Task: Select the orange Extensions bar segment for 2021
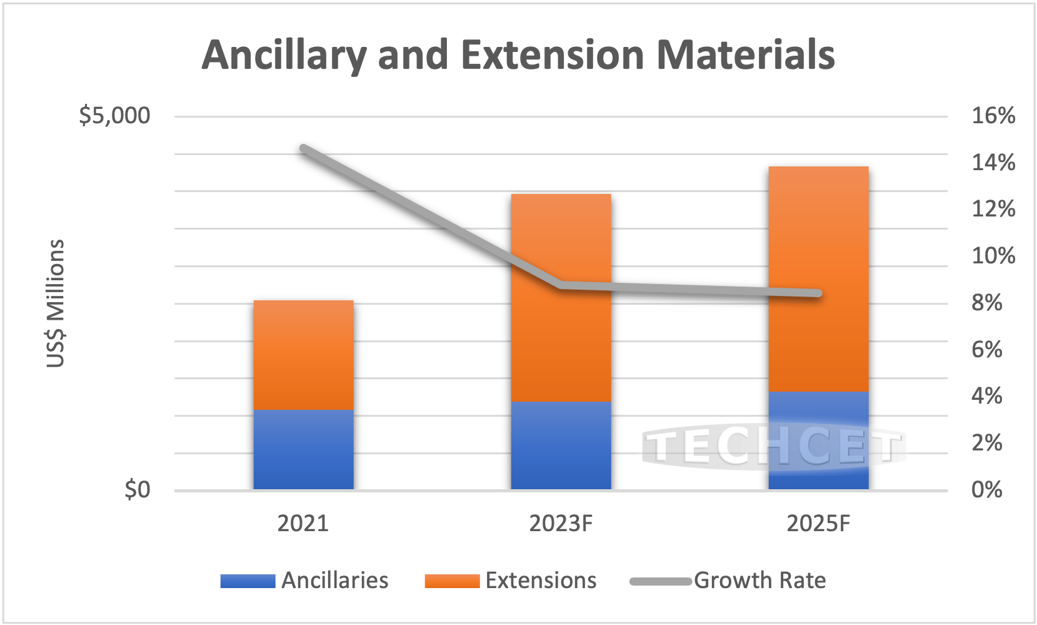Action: pyautogui.click(x=303, y=355)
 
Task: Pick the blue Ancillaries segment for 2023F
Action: pyautogui.click(x=561, y=445)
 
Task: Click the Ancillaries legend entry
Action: pyautogui.click(x=304, y=581)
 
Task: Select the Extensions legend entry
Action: pyautogui.click(x=511, y=581)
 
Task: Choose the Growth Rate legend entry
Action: pyautogui.click(x=728, y=581)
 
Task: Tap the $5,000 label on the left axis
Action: pyautogui.click(x=114, y=116)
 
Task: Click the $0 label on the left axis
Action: pyautogui.click(x=138, y=489)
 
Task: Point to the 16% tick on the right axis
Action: pyautogui.click(x=993, y=116)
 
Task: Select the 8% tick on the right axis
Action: pyautogui.click(x=986, y=303)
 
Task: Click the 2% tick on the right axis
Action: pyautogui.click(x=986, y=443)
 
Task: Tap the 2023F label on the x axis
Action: pyautogui.click(x=561, y=523)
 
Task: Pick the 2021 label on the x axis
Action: pyautogui.click(x=303, y=523)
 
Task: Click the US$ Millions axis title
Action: pyautogui.click(x=56, y=303)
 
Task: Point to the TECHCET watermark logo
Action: pyautogui.click(x=774, y=447)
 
